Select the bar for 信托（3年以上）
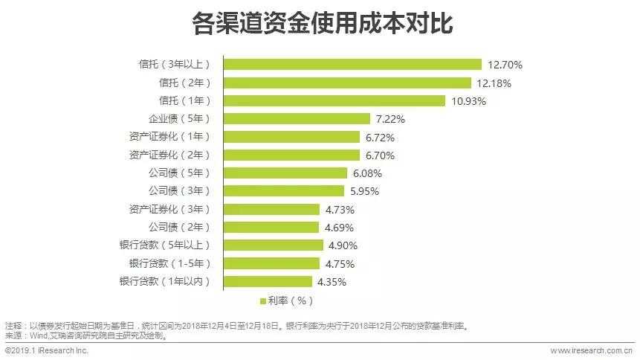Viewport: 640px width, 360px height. click(352, 65)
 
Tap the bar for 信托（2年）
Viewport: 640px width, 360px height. click(347, 83)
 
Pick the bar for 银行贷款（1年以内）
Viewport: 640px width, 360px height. click(268, 281)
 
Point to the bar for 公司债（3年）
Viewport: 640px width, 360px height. click(284, 191)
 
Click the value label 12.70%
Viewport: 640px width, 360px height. click(505, 65)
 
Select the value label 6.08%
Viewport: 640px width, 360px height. click(368, 173)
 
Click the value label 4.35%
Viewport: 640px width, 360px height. click(332, 281)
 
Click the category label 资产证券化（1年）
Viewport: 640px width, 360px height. click(169, 137)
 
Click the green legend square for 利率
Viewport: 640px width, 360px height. click(262, 301)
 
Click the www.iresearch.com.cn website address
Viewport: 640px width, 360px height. click(590, 350)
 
